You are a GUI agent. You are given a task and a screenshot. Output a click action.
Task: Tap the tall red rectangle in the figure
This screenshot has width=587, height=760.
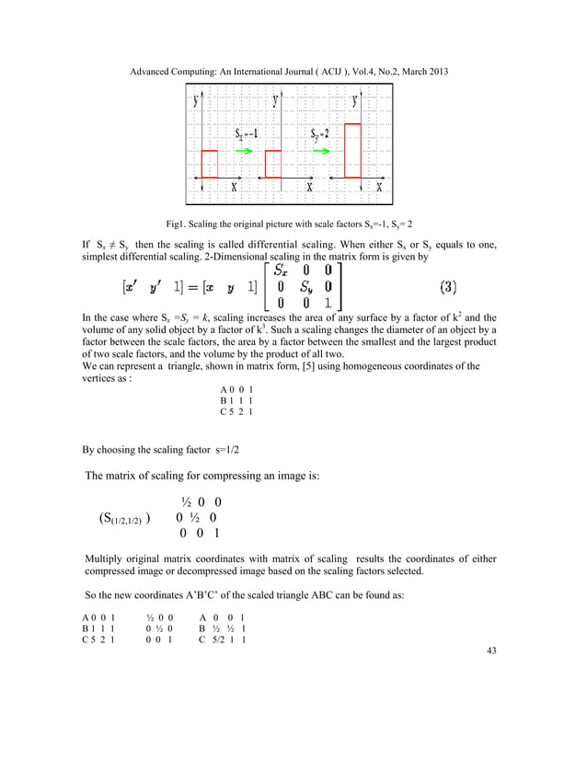352,149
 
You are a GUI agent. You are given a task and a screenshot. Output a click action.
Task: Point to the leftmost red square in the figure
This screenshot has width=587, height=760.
210,164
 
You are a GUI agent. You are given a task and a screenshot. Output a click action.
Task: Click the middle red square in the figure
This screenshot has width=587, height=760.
272,164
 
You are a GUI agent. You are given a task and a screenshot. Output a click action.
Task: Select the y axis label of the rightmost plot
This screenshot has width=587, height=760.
355,101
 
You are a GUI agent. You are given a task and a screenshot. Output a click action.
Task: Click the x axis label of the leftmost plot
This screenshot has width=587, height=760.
234,187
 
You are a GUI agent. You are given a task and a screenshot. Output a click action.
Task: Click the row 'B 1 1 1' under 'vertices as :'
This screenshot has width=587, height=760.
236,401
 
